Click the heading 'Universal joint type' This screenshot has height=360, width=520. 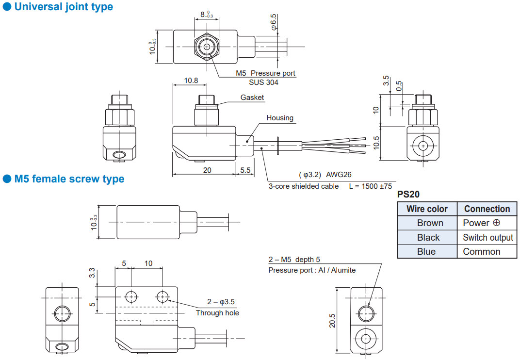pyautogui.click(x=64, y=7)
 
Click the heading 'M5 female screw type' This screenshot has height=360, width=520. pyautogui.click(x=69, y=179)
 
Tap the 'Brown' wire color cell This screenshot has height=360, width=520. pyautogui.click(x=430, y=223)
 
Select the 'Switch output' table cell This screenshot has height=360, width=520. pyautogui.click(x=488, y=238)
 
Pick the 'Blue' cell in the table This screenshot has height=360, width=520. pyautogui.click(x=426, y=251)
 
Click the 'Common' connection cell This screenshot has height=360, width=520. pyautogui.click(x=482, y=251)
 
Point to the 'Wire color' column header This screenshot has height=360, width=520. pyautogui.click(x=427, y=209)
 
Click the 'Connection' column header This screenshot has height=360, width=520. pyautogui.click(x=487, y=209)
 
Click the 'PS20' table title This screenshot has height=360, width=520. pyautogui.click(x=408, y=195)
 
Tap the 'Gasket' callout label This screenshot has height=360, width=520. pyautogui.click(x=252, y=98)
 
